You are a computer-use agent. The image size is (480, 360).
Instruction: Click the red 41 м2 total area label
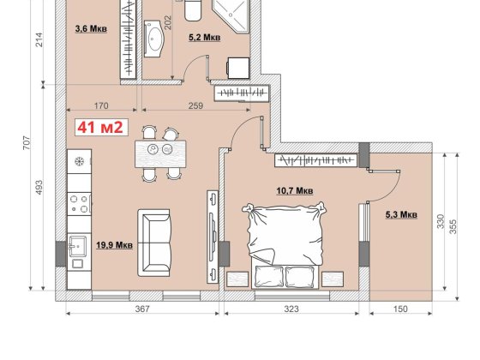[101, 128]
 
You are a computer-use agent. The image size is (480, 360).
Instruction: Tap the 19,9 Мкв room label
[115, 245]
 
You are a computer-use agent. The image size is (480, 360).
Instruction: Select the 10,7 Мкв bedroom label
[295, 191]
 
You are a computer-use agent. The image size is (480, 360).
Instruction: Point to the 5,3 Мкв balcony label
[401, 214]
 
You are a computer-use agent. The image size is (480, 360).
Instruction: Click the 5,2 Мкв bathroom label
[205, 38]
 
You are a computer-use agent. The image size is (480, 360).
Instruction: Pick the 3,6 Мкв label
[91, 29]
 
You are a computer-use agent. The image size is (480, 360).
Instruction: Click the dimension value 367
[142, 309]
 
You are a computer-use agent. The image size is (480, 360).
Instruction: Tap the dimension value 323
[291, 309]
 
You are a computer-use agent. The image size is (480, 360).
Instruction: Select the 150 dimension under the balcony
[400, 309]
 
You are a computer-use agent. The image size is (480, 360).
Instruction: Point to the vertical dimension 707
[27, 142]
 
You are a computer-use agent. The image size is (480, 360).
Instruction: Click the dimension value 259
[195, 105]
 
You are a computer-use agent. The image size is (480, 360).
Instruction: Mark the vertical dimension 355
[453, 226]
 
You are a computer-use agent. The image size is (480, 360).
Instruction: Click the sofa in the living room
[154, 243]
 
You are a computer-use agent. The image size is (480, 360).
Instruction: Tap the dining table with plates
[160, 153]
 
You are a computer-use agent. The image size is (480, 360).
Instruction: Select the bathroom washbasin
[154, 39]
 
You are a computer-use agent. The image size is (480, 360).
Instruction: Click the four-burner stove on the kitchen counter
[79, 204]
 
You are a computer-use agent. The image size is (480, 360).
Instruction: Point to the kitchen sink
[77, 247]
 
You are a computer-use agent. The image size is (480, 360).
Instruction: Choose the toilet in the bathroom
[193, 10]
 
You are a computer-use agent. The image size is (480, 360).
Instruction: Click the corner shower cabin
[231, 16]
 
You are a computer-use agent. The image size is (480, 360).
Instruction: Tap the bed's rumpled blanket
[285, 232]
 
